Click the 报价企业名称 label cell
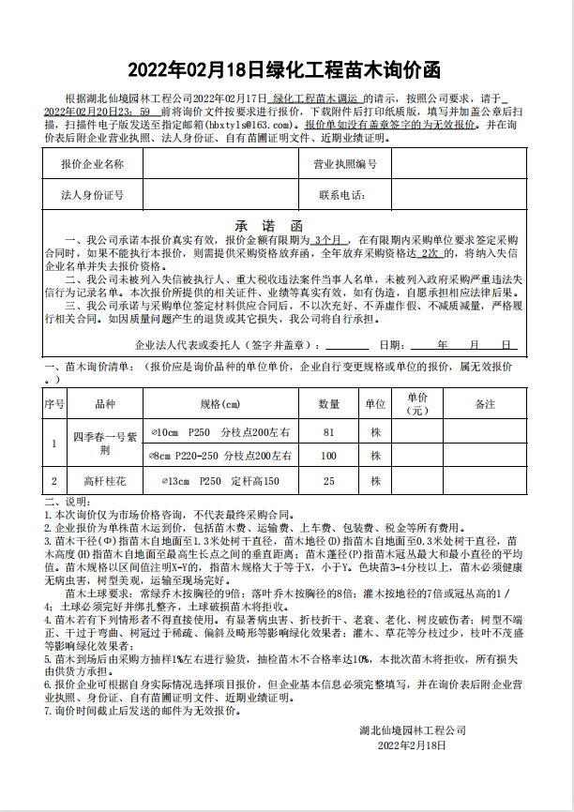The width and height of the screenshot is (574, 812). (92, 165)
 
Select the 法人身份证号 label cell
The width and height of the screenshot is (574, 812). (92, 196)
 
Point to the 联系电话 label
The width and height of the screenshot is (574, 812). (341, 196)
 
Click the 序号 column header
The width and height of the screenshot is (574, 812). (54, 404)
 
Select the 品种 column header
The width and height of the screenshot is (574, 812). (105, 404)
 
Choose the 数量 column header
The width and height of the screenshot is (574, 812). (328, 404)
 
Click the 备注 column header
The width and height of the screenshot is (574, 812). (485, 404)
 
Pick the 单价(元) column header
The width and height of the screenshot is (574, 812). (416, 404)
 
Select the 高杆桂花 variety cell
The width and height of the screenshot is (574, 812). (105, 481)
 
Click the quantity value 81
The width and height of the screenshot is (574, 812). (328, 432)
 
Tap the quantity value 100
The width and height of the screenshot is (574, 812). (328, 457)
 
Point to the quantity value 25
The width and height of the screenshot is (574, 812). (328, 481)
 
